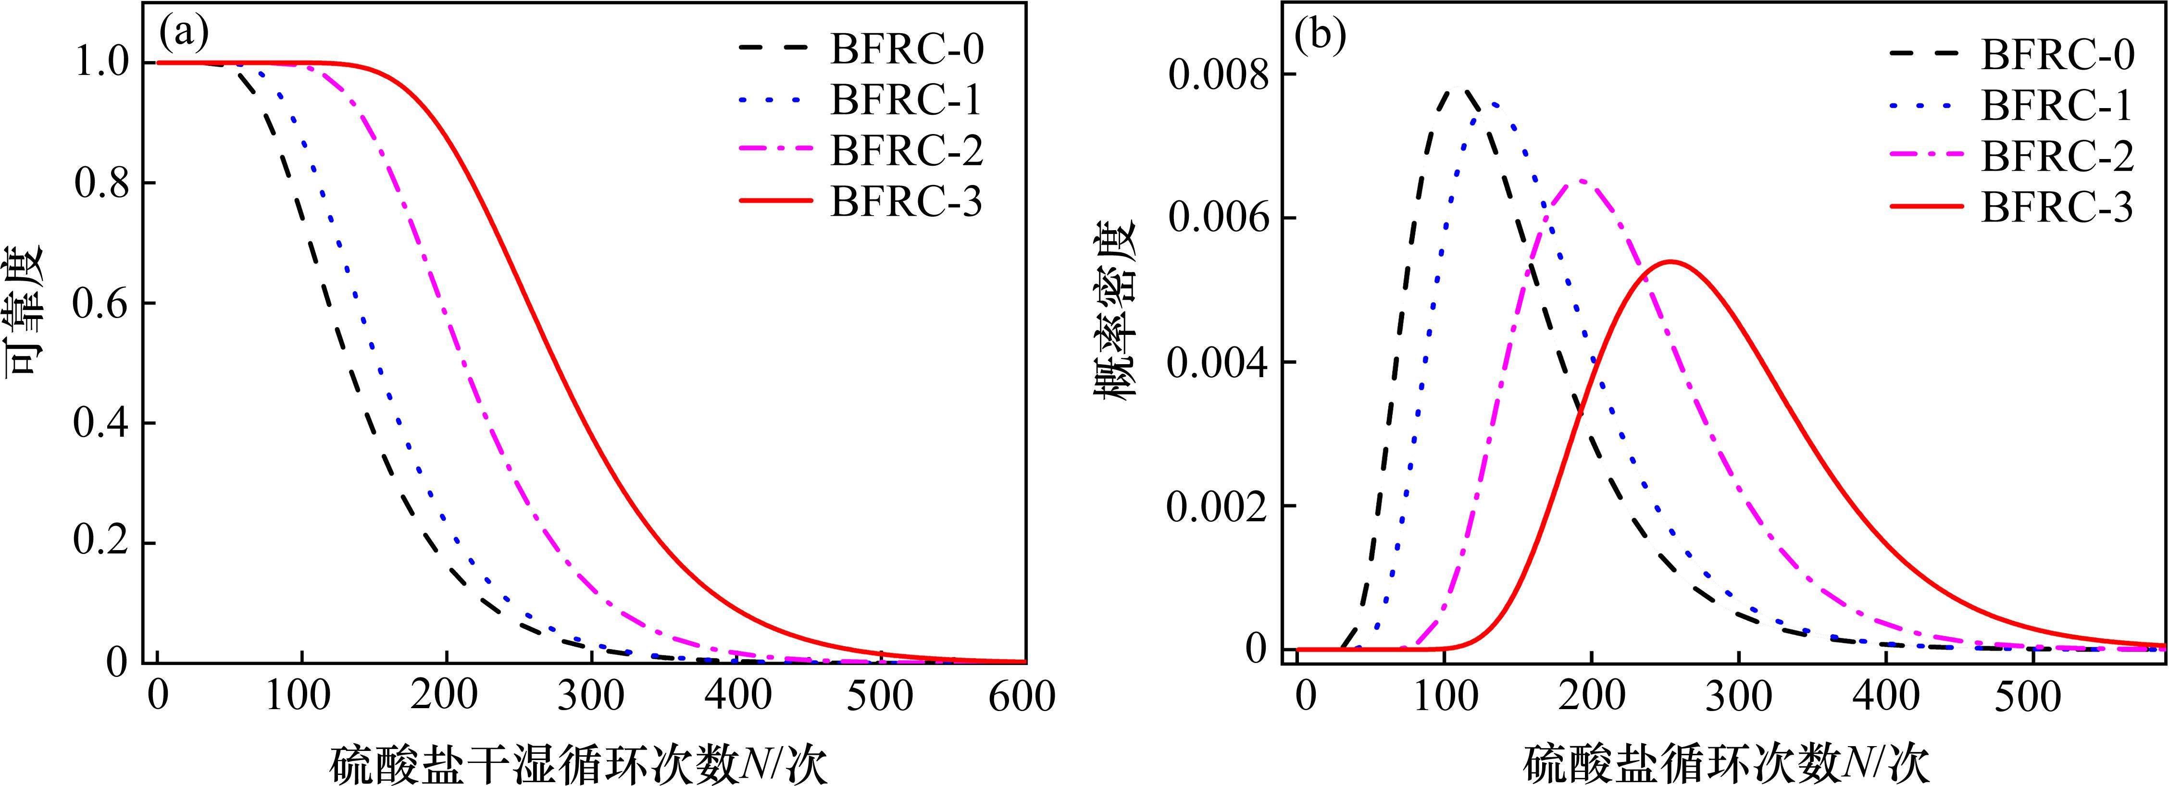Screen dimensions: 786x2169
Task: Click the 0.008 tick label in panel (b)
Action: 1218,76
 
